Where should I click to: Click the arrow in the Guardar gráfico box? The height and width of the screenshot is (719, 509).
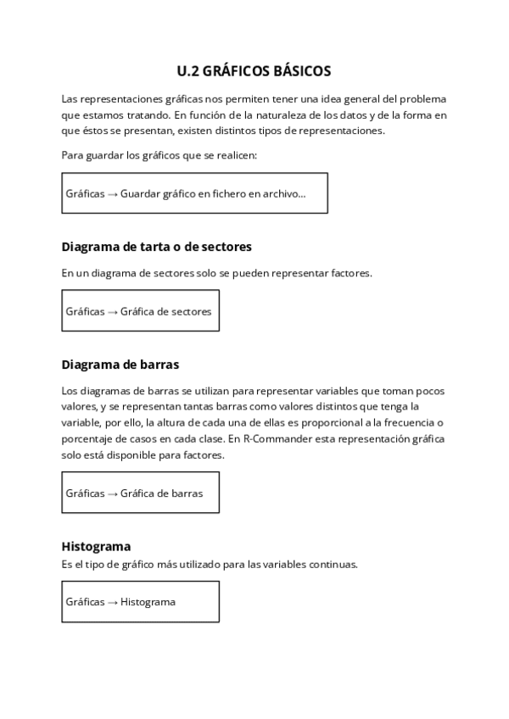(113, 194)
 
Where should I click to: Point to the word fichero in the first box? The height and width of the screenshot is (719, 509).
(227, 194)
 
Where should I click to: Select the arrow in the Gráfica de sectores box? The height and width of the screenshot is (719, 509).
(113, 311)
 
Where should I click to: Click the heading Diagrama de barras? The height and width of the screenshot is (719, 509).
(120, 365)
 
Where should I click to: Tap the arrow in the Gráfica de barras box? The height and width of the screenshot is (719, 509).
(113, 493)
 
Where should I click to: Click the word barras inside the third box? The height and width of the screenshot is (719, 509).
(187, 493)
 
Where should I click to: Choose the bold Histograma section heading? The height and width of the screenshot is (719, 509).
(96, 546)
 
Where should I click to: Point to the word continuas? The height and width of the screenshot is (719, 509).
(331, 564)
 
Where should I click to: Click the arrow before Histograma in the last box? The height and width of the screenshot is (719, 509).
(113, 602)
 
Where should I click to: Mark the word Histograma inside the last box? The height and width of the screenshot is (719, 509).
(148, 602)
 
